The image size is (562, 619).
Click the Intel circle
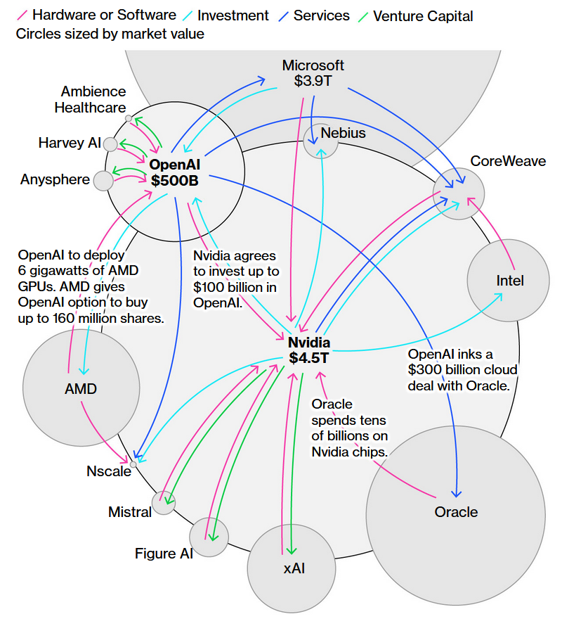click(x=504, y=281)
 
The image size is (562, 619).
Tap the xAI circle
click(x=294, y=568)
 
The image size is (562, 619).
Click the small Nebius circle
click(x=321, y=143)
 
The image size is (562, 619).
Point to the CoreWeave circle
click(x=459, y=193)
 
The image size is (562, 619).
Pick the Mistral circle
click(x=163, y=502)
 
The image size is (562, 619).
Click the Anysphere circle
click(x=103, y=180)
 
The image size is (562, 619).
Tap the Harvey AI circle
click(x=110, y=144)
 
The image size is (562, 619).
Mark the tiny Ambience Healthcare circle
click(x=128, y=118)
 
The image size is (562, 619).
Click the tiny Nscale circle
click(x=133, y=464)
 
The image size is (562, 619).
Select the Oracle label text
click(x=456, y=512)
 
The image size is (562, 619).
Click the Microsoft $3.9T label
click(x=313, y=73)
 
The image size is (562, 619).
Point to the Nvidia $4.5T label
click(x=309, y=350)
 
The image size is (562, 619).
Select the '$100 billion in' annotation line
click(x=235, y=288)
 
